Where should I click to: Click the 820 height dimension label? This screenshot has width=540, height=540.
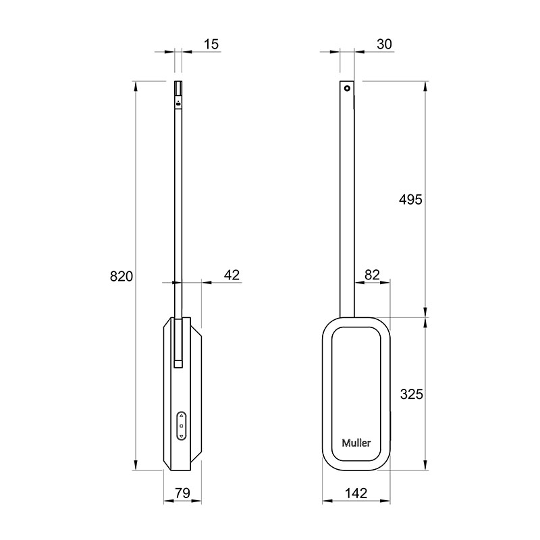(x=122, y=276)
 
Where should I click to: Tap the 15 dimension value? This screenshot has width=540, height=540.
(x=211, y=44)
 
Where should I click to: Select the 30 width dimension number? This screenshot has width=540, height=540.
(x=384, y=44)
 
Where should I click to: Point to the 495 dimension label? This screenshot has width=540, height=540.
(x=410, y=199)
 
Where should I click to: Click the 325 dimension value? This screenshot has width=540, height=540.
(x=412, y=394)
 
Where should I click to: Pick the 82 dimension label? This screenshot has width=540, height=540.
(x=372, y=275)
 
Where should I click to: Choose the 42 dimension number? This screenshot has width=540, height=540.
(x=232, y=275)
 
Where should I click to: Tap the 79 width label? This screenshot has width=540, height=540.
(x=182, y=493)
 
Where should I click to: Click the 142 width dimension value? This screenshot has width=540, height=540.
(x=356, y=493)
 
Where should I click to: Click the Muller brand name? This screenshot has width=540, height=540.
(x=356, y=443)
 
